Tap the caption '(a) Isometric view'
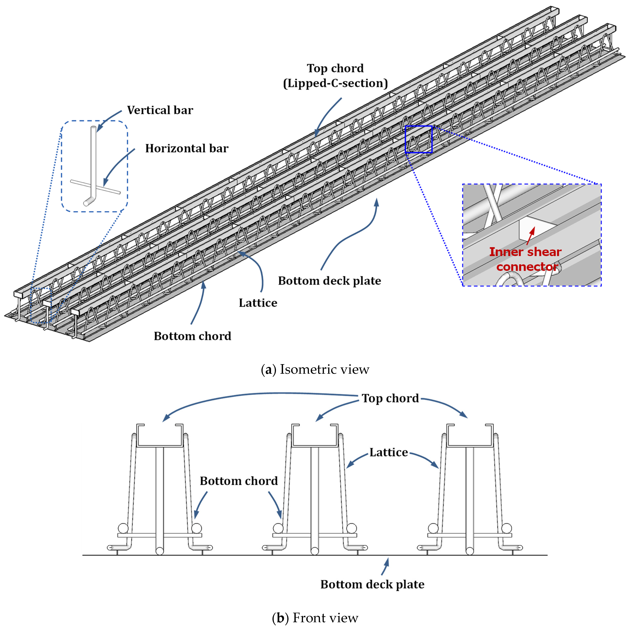point(315,369)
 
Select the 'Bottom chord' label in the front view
point(239,481)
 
